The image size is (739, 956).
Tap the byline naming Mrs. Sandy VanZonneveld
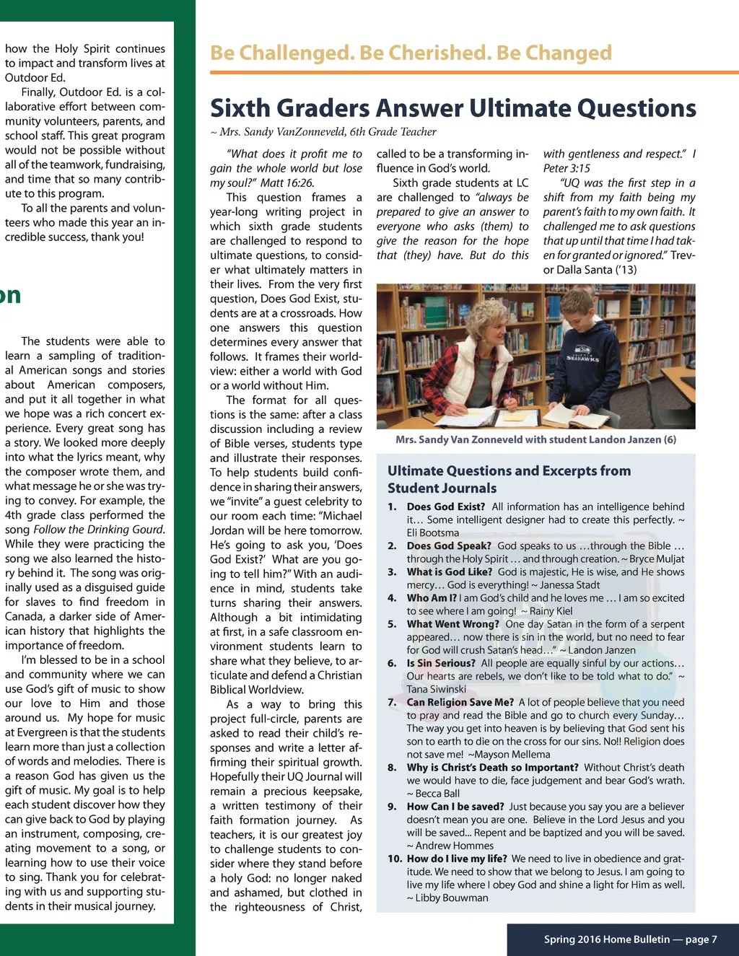tap(328, 132)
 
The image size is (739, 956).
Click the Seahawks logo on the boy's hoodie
tap(582, 356)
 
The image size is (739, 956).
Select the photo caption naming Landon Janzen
tap(535, 439)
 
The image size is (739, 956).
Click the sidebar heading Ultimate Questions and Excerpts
tap(509, 471)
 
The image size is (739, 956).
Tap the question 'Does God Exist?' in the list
tap(445, 506)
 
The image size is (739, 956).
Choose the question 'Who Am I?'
tap(432, 598)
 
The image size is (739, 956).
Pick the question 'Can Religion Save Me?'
tap(460, 702)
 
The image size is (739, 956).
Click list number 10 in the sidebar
tap(395, 859)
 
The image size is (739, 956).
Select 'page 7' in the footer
tap(701, 939)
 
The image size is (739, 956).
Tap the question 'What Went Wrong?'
tap(452, 624)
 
